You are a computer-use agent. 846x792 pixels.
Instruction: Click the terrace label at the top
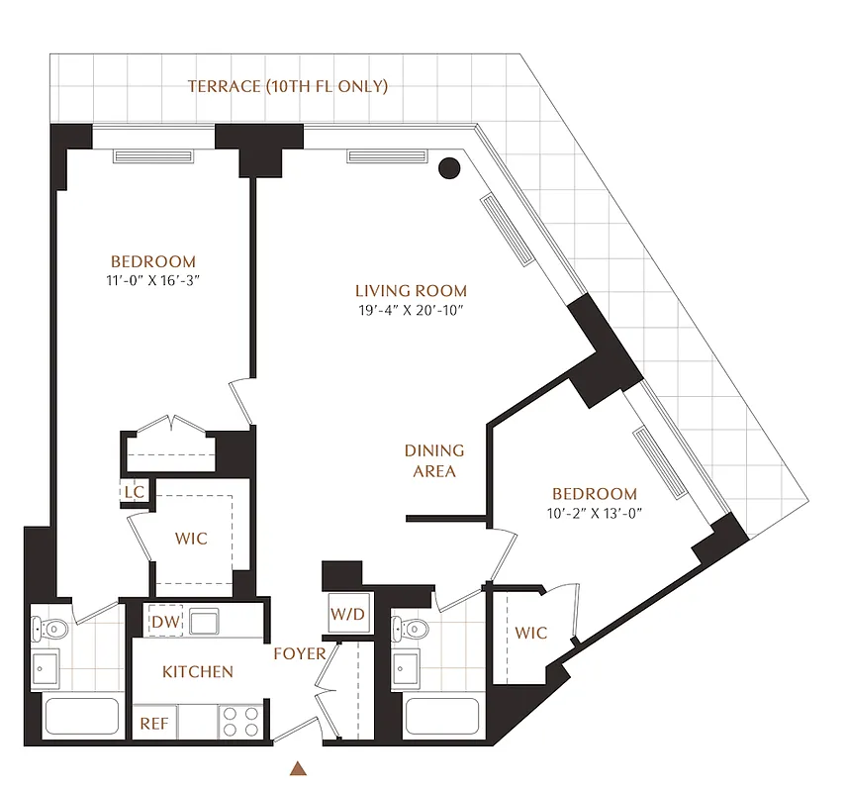pos(288,87)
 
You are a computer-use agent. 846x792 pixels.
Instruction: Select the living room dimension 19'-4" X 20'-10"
pos(411,310)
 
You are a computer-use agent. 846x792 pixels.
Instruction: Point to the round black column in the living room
pos(449,168)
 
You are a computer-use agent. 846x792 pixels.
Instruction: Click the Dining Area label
pos(434,460)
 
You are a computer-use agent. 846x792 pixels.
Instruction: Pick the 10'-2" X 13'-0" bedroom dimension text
pos(595,513)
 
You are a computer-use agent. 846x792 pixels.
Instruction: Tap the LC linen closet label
pos(133,490)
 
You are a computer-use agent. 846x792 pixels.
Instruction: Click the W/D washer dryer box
pos(347,614)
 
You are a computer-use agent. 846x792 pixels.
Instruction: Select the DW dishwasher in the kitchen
pos(164,622)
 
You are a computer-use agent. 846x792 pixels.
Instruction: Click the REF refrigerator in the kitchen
pos(154,724)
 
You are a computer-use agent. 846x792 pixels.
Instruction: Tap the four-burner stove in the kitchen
pos(238,721)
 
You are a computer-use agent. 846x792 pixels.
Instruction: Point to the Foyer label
pos(300,653)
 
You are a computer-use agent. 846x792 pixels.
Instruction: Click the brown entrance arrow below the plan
pos(297,767)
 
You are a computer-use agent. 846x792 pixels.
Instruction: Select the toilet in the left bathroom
pos(52,628)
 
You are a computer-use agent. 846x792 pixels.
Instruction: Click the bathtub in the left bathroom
pos(82,717)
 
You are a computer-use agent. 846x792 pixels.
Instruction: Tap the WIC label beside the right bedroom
pos(531,634)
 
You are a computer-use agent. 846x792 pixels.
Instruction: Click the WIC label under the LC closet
pos(191,539)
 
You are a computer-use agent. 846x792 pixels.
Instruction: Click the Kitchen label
pos(198,672)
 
